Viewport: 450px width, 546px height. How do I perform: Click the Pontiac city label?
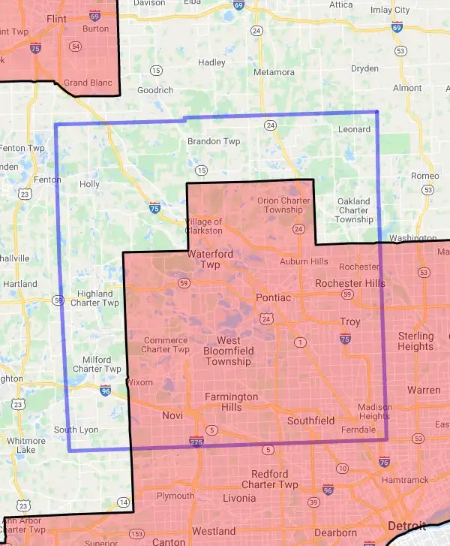273,297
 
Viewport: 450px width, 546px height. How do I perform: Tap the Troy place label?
349,321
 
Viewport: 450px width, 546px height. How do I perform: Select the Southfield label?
310,421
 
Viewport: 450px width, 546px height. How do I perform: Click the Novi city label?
172,415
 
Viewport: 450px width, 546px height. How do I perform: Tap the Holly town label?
89,184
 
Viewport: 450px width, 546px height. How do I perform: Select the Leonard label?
354,129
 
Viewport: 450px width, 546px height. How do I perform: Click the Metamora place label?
274,72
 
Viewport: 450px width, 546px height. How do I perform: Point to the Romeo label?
424,176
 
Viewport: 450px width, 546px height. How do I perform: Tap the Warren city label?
424,390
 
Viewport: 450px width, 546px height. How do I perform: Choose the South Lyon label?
76,430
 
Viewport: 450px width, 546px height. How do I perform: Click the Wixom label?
139,382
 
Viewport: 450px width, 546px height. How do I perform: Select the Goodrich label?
155,90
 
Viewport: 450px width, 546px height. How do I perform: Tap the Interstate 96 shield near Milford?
105,390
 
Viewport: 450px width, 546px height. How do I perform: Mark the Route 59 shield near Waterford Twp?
184,282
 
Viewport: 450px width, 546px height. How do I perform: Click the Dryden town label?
364,68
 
